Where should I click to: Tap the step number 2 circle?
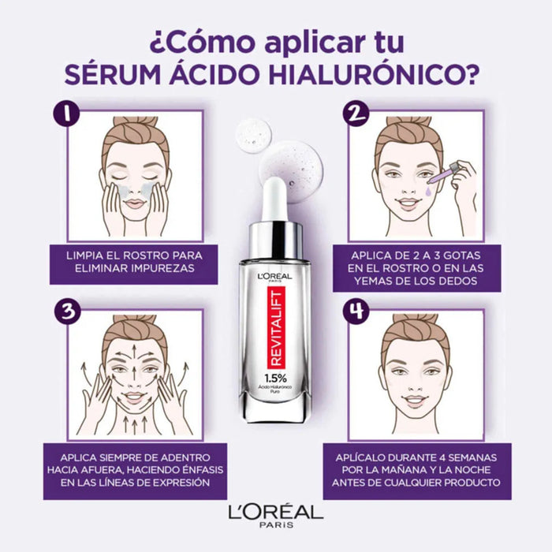[356, 114]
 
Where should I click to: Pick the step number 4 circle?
[356, 313]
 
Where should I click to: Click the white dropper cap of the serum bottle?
[274, 199]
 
